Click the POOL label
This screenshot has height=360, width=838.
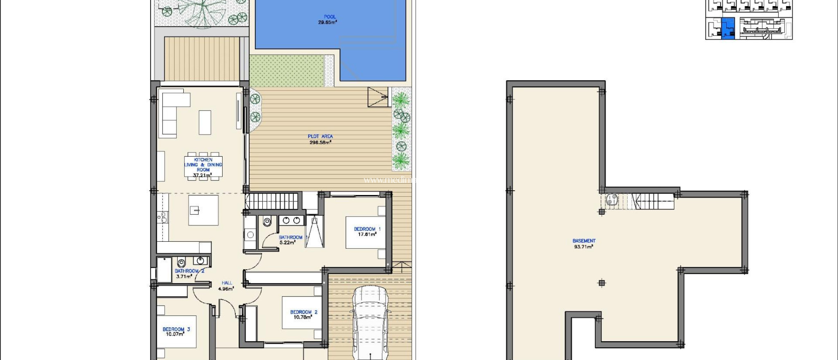click(x=329, y=17)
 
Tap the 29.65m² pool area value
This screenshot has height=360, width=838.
click(x=327, y=22)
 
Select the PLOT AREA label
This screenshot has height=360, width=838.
click(x=320, y=136)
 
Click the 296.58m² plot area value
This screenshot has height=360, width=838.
click(x=320, y=142)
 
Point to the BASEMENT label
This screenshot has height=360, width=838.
click(x=583, y=241)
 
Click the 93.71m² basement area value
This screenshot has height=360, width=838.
click(x=583, y=247)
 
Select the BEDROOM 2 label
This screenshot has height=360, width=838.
click(x=304, y=312)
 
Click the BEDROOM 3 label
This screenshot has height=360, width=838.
click(x=176, y=329)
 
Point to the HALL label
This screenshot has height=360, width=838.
click(x=227, y=283)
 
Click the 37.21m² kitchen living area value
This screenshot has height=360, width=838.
click(x=203, y=175)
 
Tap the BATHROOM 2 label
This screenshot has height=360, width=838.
click(x=189, y=271)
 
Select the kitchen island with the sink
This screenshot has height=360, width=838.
click(x=203, y=210)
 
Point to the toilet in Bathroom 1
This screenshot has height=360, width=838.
click(x=267, y=221)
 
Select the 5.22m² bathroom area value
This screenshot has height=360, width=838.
click(x=287, y=243)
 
